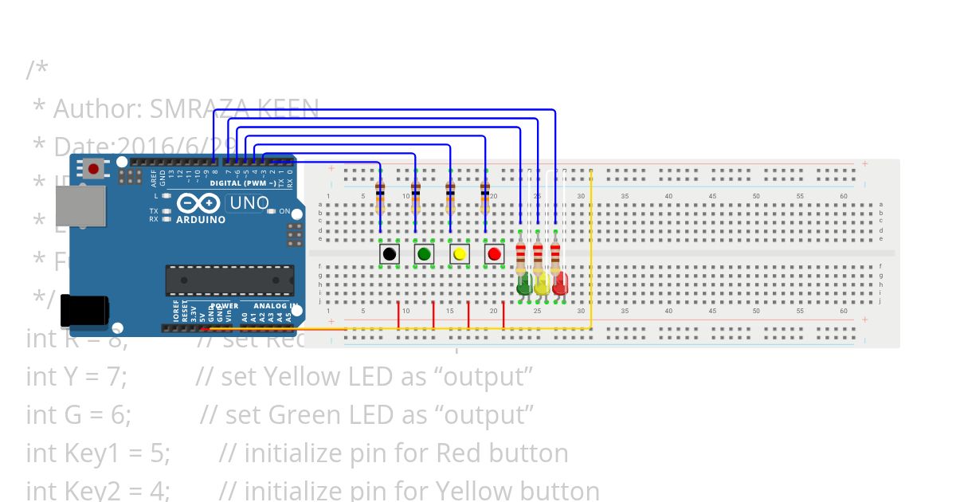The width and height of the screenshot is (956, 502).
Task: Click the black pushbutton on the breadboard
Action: click(389, 254)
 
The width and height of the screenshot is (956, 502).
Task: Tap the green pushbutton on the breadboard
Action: click(424, 254)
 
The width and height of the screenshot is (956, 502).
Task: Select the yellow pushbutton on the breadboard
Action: click(459, 254)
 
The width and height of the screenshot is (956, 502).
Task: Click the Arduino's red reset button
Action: click(94, 169)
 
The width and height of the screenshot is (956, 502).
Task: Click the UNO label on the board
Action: click(249, 203)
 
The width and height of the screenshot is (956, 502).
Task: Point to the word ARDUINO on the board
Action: click(200, 219)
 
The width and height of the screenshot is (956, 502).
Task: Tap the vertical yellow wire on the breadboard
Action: click(591, 247)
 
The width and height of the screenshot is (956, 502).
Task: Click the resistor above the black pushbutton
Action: click(380, 195)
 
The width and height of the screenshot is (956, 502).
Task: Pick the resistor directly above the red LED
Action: click(555, 257)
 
